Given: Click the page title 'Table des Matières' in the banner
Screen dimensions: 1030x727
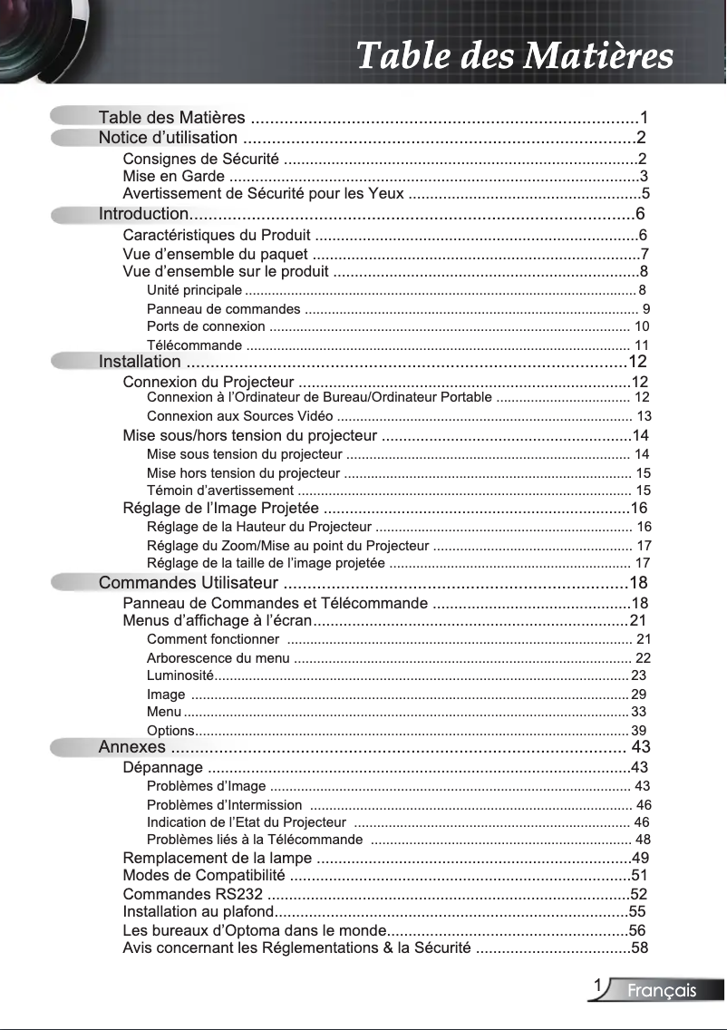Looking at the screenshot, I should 514,55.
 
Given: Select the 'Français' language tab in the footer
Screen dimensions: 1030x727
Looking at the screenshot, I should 663,991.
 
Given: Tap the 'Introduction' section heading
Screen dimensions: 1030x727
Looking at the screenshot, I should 143,214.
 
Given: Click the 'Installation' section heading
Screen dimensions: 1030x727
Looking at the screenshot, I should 140,363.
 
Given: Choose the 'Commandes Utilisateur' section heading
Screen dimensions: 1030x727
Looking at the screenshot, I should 188,582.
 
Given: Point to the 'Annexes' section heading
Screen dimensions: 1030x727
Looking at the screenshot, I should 131,747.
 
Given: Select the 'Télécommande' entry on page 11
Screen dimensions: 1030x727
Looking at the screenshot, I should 194,345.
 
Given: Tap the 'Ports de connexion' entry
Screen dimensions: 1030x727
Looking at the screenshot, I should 206,326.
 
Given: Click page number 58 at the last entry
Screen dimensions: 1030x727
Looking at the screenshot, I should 640,948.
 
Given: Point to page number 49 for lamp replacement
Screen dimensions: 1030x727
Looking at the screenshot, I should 640,858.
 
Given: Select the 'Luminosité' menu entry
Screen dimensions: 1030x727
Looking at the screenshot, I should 179,675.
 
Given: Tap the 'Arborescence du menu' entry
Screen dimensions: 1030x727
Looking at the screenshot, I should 218,658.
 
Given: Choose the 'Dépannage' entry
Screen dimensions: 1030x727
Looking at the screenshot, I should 162,768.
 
